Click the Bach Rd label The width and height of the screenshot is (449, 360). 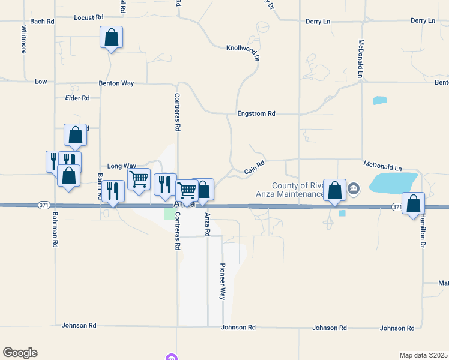pos(42,21)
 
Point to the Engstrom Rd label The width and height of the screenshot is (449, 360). pos(256,113)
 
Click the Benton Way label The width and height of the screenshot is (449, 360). pos(116,83)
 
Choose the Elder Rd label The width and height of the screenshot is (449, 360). pos(77,98)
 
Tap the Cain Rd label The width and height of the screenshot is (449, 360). pos(255,167)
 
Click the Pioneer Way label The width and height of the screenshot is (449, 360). pos(222,281)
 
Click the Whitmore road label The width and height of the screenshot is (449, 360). pos(24,39)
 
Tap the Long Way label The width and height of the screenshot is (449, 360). pos(122,166)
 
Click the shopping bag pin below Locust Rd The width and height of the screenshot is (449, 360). pos(112,37)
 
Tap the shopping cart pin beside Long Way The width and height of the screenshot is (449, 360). pos(139,179)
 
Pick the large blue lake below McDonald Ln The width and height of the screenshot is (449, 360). pos(393,182)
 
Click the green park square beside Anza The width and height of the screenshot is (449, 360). pos(169,214)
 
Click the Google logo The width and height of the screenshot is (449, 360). pos(20,353)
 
